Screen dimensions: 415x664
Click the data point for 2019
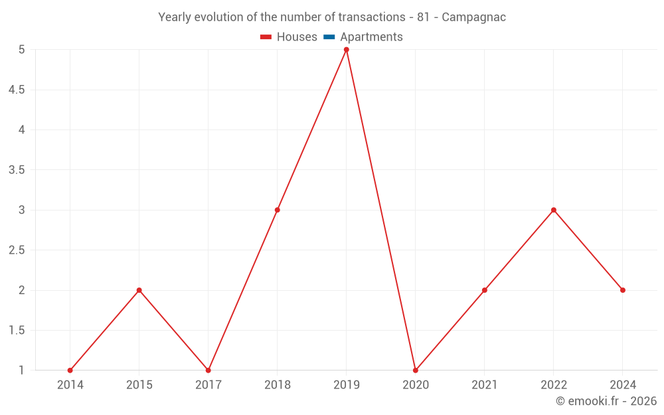tap(347, 50)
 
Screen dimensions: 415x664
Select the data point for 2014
tap(70, 371)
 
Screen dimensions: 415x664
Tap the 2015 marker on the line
tap(139, 290)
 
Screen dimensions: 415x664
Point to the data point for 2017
tap(208, 371)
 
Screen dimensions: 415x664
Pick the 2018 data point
tap(278, 210)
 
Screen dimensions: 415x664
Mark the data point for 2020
tap(416, 371)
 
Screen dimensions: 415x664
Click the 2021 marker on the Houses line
tap(485, 290)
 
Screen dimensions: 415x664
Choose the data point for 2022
tap(554, 210)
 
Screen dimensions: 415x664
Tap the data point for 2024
tap(623, 290)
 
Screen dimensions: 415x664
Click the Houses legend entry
tap(289, 37)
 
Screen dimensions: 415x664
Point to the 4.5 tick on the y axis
tap(17, 90)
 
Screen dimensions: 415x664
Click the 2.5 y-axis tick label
tap(17, 250)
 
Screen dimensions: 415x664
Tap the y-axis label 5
tap(22, 50)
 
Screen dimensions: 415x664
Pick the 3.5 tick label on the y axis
tap(17, 170)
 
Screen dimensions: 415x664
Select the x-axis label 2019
tap(347, 385)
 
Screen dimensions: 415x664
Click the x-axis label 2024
tap(623, 385)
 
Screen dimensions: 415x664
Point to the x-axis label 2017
tap(208, 385)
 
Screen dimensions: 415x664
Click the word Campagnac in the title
tap(473, 17)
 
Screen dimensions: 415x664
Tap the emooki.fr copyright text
tap(606, 401)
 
